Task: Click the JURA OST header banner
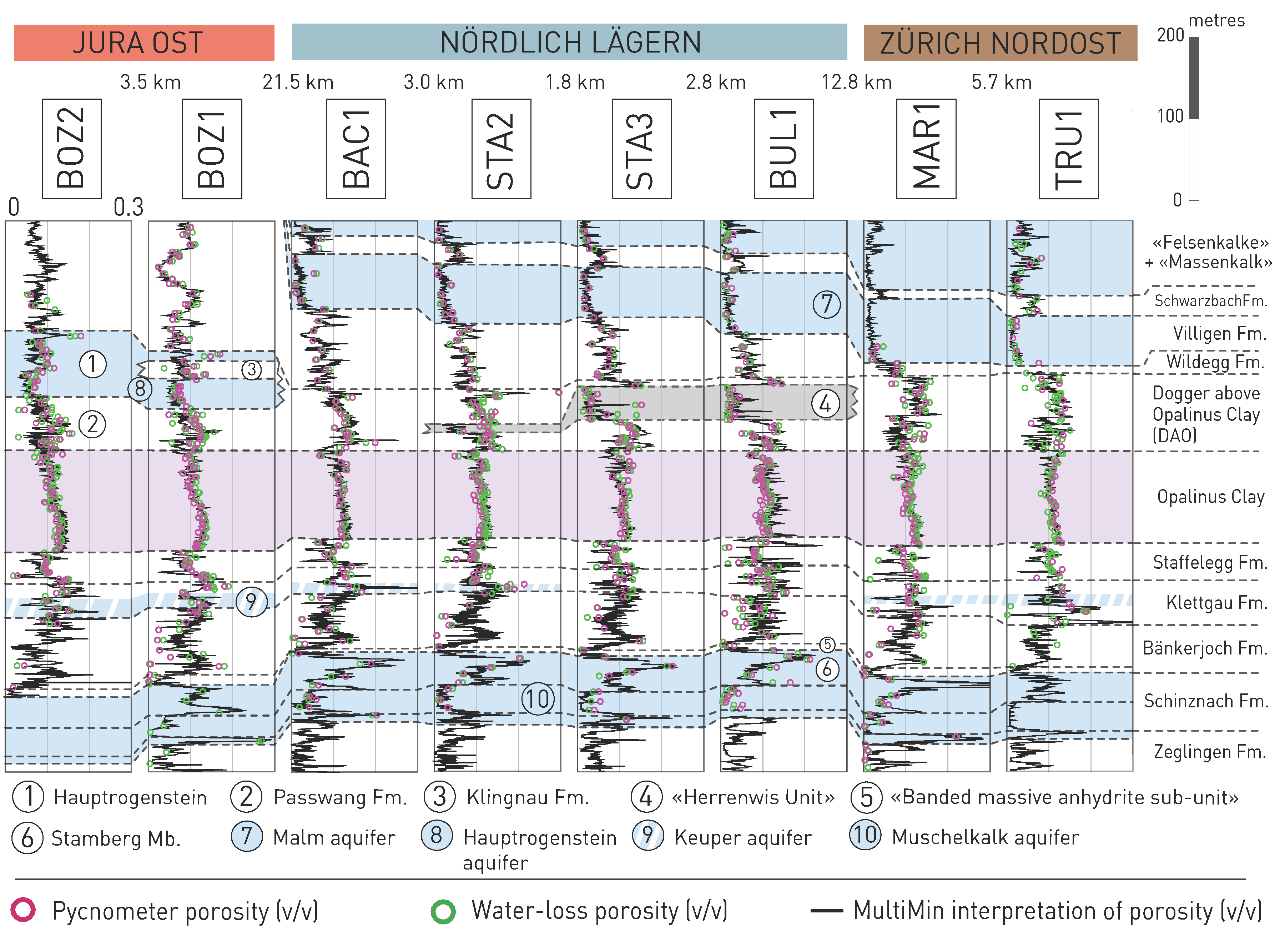[x=143, y=43]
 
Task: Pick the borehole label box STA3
[x=641, y=149]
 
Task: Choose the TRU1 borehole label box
[x=1068, y=149]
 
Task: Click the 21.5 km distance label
[x=298, y=83]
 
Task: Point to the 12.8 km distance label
[x=856, y=83]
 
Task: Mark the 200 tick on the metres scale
[x=1170, y=35]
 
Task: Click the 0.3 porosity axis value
[x=128, y=207]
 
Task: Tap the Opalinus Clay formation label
[x=1210, y=497]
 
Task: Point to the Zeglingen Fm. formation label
[x=1210, y=752]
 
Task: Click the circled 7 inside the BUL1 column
[x=826, y=304]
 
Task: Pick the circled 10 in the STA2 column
[x=537, y=699]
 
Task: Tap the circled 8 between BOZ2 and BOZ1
[x=140, y=389]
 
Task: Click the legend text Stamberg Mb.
[x=116, y=838]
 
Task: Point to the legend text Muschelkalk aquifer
[x=985, y=837]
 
